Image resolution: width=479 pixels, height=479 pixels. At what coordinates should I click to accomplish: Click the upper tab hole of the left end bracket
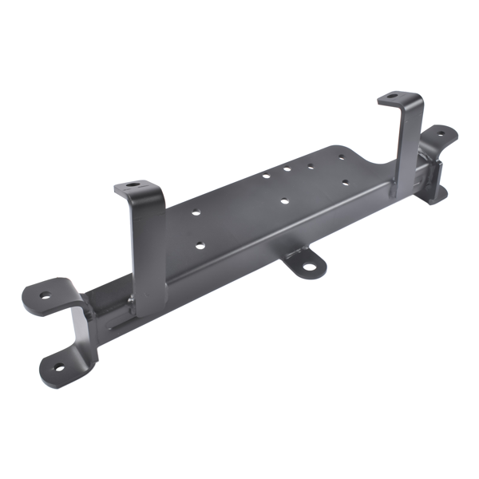coord(45,295)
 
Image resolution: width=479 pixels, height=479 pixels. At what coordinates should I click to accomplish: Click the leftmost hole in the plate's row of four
coord(265,174)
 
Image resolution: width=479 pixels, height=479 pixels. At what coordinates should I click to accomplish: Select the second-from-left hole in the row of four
coord(287,169)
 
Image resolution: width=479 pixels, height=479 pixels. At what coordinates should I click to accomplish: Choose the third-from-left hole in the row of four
coord(309,166)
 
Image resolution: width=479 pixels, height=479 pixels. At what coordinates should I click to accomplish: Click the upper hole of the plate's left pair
coord(196,213)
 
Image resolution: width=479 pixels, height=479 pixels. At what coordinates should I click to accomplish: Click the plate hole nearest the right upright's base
coord(346,183)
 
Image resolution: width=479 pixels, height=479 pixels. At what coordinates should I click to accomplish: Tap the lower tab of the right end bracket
coord(436,195)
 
